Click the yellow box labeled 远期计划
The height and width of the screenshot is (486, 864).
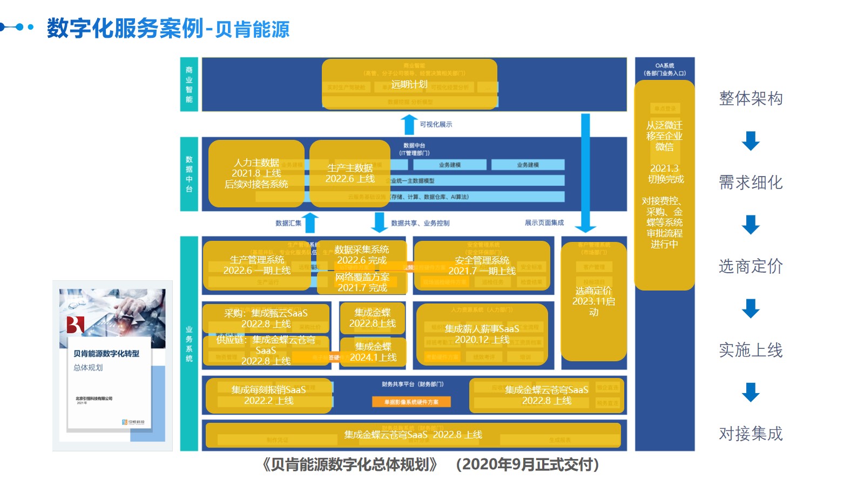click(x=409, y=84)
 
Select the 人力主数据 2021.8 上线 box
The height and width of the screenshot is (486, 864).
click(x=256, y=173)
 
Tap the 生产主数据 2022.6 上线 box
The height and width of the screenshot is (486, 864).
click(x=350, y=173)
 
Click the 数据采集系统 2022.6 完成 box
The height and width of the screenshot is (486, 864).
click(x=361, y=255)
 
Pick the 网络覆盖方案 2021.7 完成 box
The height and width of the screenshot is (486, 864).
click(x=362, y=282)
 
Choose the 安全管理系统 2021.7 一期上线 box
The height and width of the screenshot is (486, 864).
click(x=482, y=266)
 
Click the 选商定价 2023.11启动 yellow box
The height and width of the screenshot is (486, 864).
click(x=593, y=301)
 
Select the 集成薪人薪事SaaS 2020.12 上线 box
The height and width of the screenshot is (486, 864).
click(x=482, y=334)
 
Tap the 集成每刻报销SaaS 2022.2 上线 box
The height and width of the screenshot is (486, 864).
click(x=268, y=395)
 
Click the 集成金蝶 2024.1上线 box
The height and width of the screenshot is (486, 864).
click(x=373, y=352)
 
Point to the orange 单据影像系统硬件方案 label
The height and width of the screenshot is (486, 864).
click(x=411, y=402)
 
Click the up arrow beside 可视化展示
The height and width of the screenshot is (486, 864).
click(x=409, y=124)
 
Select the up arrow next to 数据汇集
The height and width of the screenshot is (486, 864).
click(x=310, y=222)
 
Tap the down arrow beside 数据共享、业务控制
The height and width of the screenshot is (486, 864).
click(x=380, y=222)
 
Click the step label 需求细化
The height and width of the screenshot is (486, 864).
click(x=751, y=183)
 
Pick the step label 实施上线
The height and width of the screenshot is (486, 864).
click(x=751, y=350)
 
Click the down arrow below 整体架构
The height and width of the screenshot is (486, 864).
click(x=751, y=141)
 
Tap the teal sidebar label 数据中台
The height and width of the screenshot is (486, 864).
click(x=189, y=174)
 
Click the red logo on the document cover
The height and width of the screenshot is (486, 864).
click(x=75, y=325)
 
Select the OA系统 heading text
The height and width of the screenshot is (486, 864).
click(x=664, y=69)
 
